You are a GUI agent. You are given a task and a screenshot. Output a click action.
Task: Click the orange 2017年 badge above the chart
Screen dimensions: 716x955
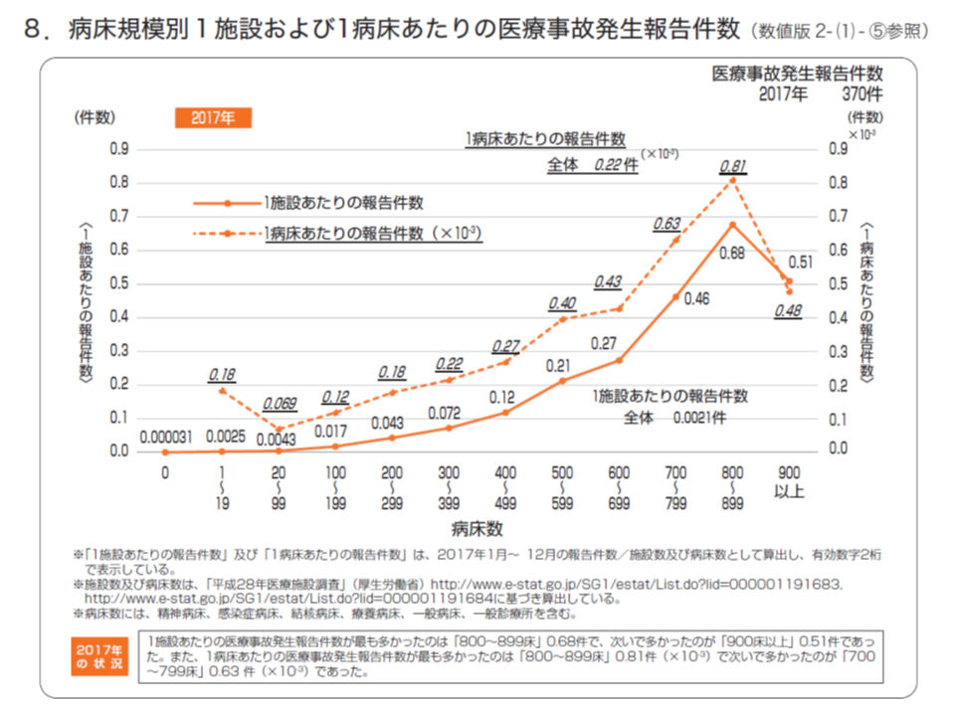[213, 117]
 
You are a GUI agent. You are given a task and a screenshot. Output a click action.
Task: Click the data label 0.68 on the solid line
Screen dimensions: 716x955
[732, 253]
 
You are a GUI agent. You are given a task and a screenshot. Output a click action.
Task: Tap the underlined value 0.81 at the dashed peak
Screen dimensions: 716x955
[732, 165]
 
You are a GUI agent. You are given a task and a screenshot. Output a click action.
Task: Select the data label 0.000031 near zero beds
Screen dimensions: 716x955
[166, 436]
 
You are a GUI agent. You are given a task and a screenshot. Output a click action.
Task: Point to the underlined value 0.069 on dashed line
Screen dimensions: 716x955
[280, 406]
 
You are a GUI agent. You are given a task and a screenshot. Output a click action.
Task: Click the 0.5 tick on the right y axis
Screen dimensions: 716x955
[838, 284]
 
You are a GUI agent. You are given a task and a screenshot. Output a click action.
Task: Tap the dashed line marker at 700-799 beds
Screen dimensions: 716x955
[675, 241]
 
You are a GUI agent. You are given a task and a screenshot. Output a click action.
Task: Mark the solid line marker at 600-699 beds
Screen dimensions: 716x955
[619, 360]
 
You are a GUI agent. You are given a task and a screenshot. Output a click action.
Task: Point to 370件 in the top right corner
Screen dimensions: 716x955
[861, 94]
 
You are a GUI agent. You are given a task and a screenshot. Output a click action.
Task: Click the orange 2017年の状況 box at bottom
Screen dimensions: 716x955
[101, 657]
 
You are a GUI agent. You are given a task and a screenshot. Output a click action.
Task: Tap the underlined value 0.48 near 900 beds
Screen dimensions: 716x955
[789, 311]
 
